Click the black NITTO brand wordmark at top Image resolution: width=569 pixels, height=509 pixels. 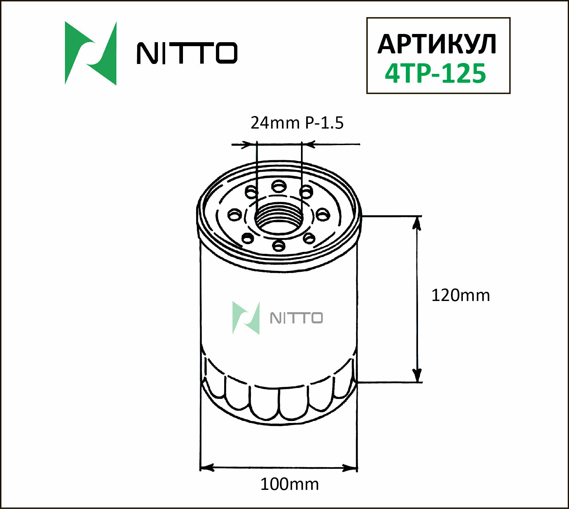[187, 53]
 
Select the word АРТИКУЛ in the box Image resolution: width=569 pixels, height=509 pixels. [437, 44]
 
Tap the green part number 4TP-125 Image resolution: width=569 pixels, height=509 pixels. [435, 73]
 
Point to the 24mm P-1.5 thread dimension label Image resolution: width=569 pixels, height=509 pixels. [297, 123]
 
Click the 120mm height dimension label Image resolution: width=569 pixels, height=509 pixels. [460, 295]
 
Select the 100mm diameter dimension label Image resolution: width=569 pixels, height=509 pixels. [289, 484]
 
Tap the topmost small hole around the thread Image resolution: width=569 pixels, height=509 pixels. [279, 187]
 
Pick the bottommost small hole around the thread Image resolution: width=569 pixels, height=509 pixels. [279, 245]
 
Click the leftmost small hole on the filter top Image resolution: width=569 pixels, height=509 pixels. [235, 215]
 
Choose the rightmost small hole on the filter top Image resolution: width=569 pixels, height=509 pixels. [323, 215]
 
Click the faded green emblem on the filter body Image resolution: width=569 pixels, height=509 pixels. [246, 318]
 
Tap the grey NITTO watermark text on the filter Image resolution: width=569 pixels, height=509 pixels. [296, 318]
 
